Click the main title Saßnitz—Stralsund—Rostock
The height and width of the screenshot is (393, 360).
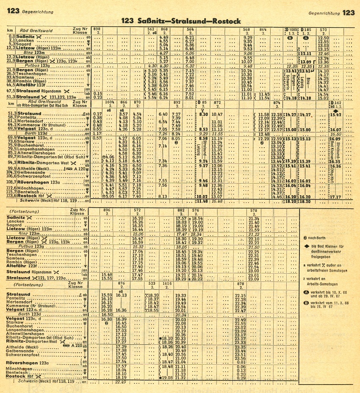point(181,21)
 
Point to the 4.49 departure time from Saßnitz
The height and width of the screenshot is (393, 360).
point(164,37)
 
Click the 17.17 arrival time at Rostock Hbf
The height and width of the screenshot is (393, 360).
point(335,197)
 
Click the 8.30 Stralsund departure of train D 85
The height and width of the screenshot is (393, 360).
point(203,114)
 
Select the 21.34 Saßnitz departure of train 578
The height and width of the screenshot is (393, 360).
point(254,218)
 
